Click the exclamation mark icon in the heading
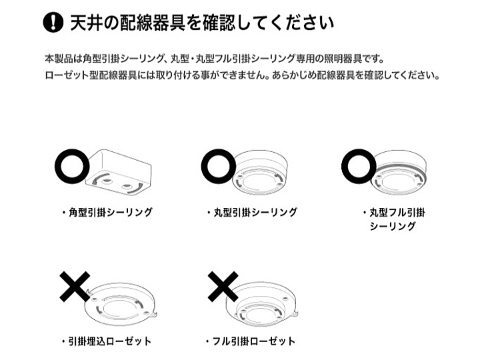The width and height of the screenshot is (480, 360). [53, 22]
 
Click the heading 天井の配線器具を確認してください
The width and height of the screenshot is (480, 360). [202, 23]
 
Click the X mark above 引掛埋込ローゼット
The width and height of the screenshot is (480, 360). [75, 286]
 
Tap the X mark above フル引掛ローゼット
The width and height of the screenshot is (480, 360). [223, 286]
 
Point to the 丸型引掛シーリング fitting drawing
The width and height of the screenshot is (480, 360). [260, 173]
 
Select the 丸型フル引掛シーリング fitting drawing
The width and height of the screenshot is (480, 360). [399, 173]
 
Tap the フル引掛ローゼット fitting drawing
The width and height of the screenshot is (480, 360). [262, 305]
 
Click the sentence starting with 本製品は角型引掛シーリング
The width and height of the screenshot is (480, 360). [214, 59]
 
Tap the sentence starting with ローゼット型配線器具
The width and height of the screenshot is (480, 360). [243, 75]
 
